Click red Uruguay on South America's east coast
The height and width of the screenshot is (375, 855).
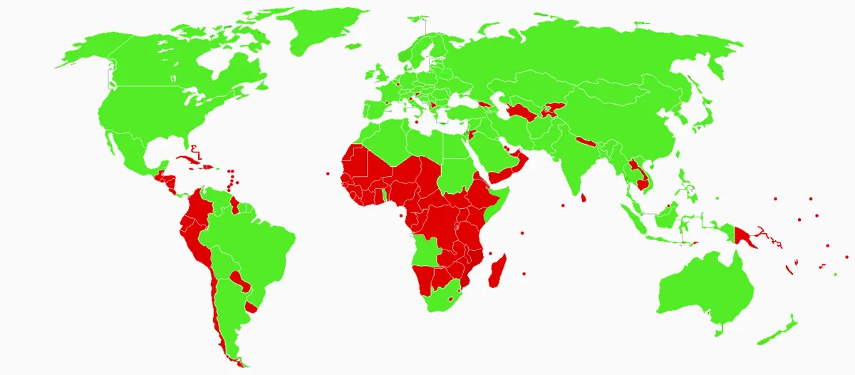point(251,307)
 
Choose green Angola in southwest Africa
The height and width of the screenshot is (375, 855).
point(427,250)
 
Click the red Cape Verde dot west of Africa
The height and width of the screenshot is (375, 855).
point(327,173)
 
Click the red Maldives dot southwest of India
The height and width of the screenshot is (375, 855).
point(563,205)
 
